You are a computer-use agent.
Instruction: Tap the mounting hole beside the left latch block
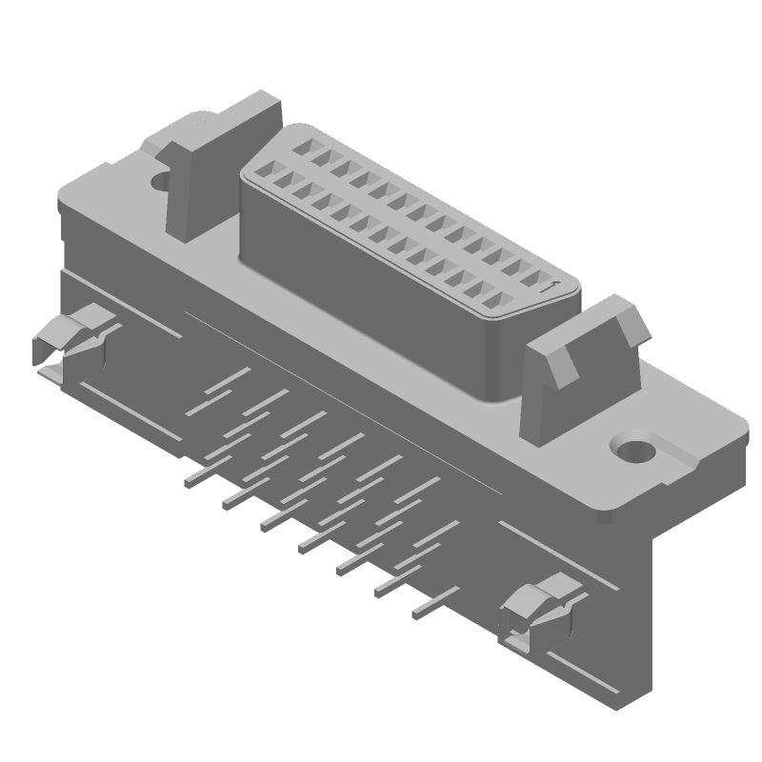160,178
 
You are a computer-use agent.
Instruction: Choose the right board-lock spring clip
538,611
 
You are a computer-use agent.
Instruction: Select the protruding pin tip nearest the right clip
419,614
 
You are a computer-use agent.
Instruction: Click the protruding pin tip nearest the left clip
191,480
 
